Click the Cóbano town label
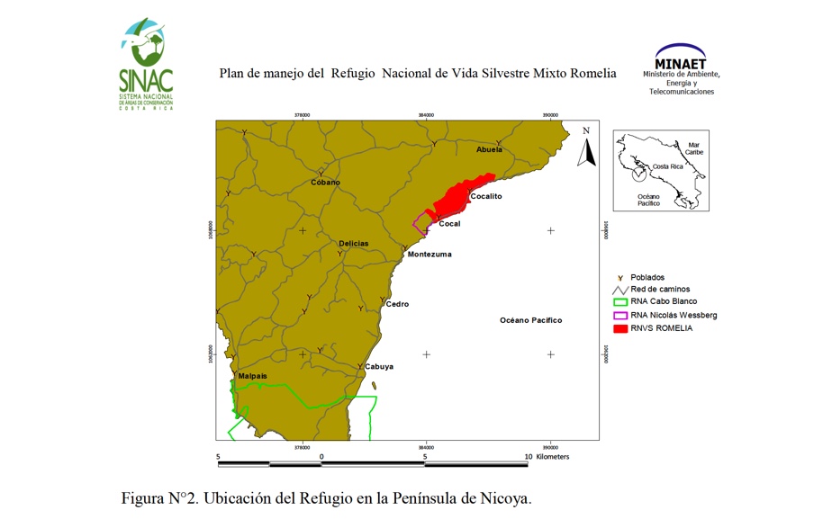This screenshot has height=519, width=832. pos(325,183)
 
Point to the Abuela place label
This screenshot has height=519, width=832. pos(489,149)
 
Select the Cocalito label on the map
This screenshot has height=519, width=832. pos(486,196)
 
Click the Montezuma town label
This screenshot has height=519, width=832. pos(430,255)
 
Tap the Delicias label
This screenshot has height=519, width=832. pos(353,244)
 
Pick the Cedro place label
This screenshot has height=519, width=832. pos(397,304)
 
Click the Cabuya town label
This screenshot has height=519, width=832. pos(379,367)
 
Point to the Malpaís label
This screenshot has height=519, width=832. pos(252,376)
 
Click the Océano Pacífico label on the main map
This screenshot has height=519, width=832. pos(530,320)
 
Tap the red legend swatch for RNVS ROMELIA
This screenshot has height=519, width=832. pos(619,328)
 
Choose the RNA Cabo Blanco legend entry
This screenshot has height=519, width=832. pos(664,302)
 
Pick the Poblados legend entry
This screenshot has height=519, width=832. pos(647,277)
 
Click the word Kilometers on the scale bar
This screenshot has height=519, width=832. pos(552,457)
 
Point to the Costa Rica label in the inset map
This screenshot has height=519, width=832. pos(667,166)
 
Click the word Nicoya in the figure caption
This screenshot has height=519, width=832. pos(507,498)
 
